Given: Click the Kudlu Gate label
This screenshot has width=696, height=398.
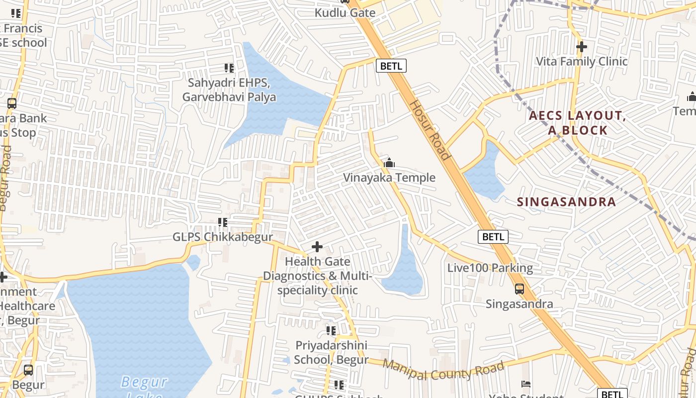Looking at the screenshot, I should [345, 13].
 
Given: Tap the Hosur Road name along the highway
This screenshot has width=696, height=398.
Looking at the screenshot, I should [430, 130].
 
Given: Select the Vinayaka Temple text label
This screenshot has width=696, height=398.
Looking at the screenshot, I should [389, 178].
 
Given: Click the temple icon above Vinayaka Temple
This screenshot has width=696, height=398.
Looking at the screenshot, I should [389, 163].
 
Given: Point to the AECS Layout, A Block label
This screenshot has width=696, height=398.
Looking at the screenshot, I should [575, 123].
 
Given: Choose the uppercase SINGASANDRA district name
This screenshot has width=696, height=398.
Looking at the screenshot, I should [566, 202].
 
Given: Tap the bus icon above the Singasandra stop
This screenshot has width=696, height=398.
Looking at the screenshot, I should [519, 289].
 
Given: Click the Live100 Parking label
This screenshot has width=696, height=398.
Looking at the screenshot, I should [490, 268].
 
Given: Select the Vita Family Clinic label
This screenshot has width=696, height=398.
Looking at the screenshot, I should [582, 62].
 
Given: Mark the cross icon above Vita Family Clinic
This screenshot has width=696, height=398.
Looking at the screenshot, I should [582, 47].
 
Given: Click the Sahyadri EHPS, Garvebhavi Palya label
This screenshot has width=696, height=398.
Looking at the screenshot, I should [229, 90].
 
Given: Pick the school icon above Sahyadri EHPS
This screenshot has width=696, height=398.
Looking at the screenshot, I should [229, 68].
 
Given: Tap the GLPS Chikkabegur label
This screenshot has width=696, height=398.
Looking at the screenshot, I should [223, 237].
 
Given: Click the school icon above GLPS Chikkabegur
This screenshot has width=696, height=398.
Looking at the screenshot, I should [223, 222].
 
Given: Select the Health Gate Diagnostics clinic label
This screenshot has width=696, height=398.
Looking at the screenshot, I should [317, 276].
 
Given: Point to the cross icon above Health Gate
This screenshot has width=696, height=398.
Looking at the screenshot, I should [317, 247].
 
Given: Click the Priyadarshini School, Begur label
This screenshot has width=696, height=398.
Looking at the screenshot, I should [331, 352].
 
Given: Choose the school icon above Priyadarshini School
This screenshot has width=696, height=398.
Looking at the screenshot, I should [331, 330].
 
